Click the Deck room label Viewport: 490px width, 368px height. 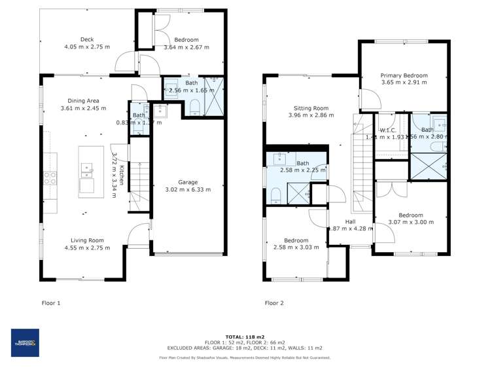click(88, 39)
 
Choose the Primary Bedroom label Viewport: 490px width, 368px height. click(404, 76)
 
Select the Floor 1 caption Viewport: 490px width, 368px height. click(51, 303)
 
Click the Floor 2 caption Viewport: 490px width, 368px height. click(274, 303)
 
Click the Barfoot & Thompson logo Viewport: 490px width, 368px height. click(26, 342)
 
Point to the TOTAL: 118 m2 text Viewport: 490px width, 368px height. click(245, 335)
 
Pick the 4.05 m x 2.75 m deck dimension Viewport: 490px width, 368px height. click(88, 47)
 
